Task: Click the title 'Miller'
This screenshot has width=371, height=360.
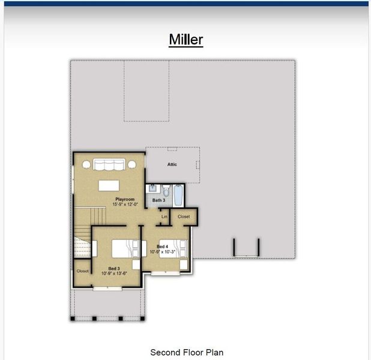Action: [x=185, y=40]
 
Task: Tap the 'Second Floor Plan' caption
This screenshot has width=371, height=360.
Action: [x=186, y=352]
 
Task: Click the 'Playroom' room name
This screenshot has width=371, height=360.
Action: [x=124, y=199]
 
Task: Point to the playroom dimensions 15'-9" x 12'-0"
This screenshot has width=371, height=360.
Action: [x=124, y=205]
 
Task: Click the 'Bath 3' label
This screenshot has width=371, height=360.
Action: [x=158, y=200]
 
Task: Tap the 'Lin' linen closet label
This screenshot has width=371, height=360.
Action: [x=164, y=217]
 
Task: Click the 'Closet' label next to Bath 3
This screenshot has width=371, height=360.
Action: [x=184, y=217]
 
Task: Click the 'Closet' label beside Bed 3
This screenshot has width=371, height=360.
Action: [x=82, y=271]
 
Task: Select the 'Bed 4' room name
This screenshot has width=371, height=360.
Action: [x=162, y=247]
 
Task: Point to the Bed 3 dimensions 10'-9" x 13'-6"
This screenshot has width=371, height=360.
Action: [x=114, y=274]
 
